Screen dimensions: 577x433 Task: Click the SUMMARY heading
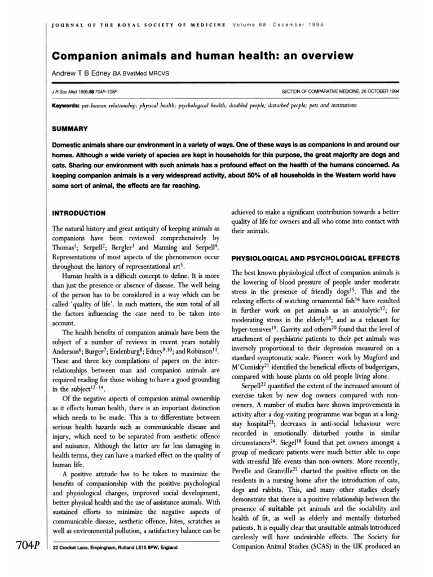pos(69,128)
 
